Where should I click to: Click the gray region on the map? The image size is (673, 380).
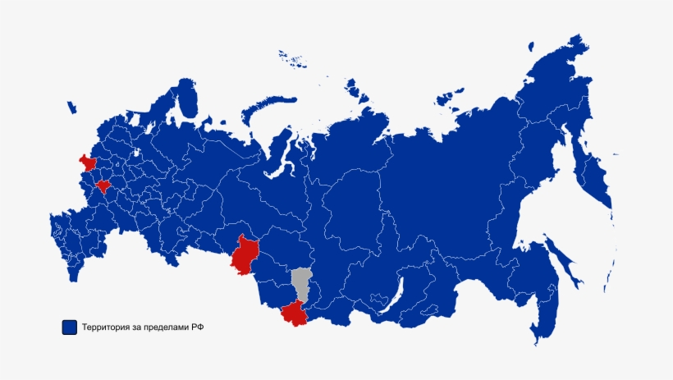301,283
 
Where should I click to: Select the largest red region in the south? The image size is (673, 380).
244,255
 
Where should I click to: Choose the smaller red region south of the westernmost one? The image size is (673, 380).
103,186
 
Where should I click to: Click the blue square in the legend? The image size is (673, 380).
70,327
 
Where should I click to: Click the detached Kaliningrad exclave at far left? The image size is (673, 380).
71,107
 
